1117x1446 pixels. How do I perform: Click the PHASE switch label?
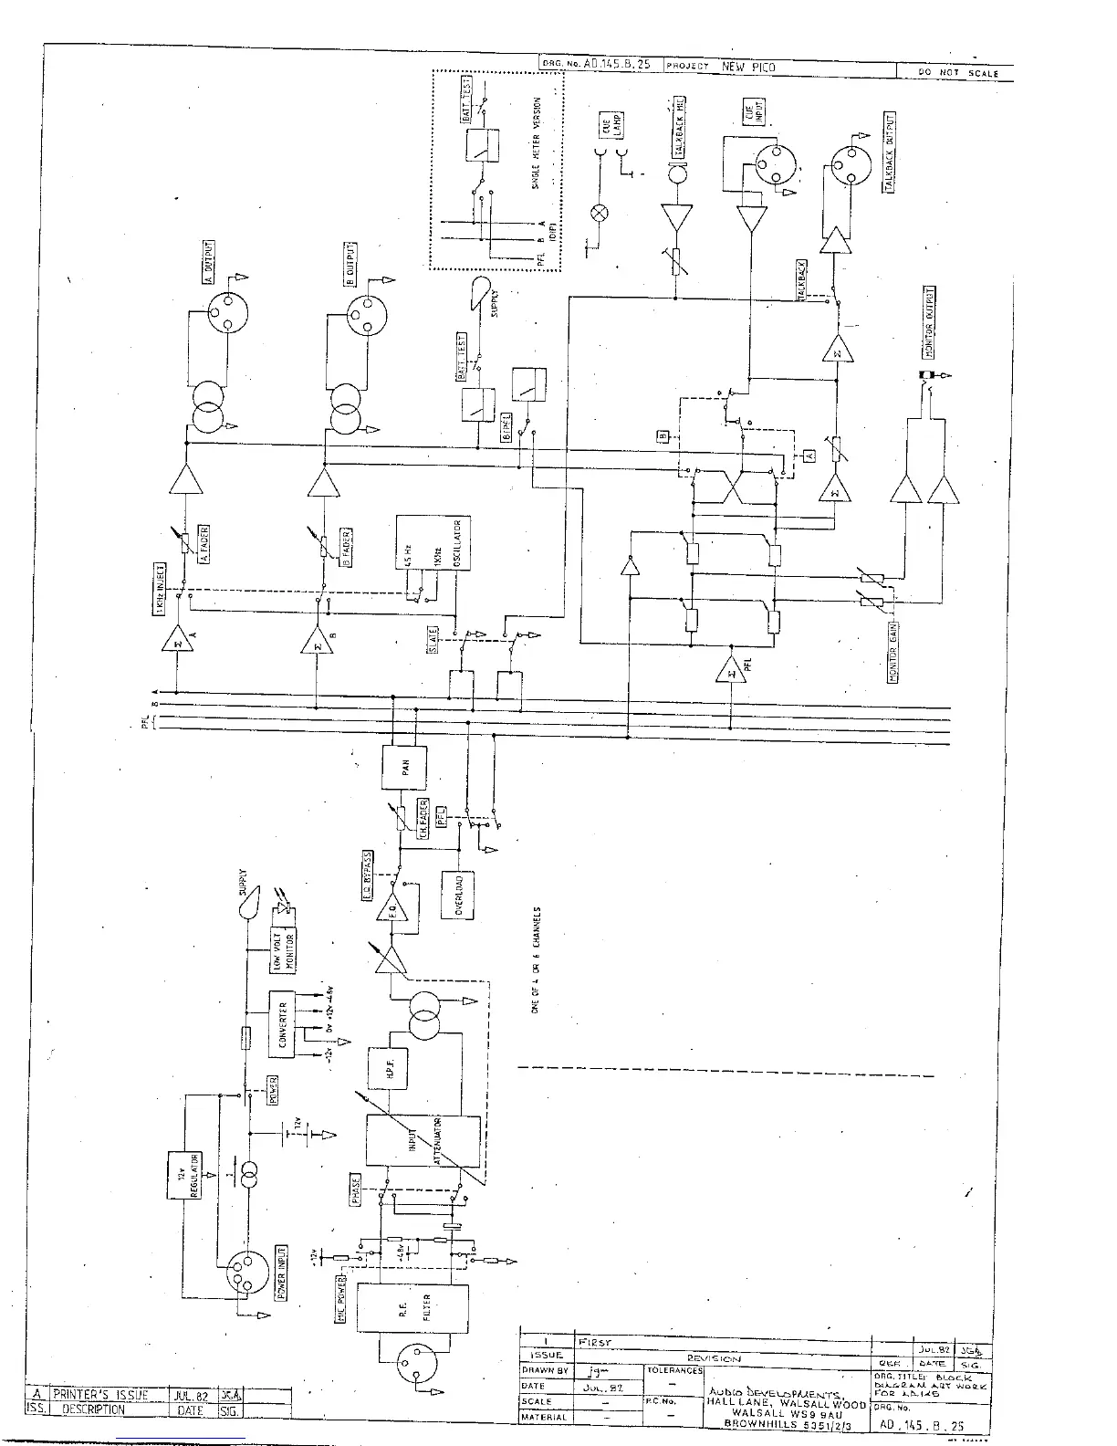[355, 1190]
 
